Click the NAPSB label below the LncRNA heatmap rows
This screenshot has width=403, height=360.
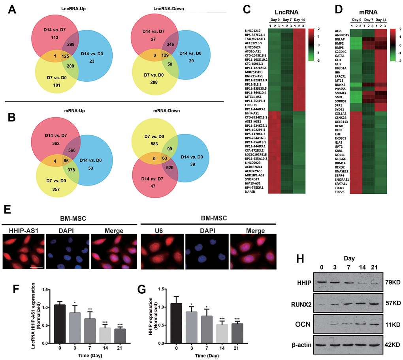[x=252, y=191]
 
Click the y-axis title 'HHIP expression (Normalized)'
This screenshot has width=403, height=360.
[x=139, y=314]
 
